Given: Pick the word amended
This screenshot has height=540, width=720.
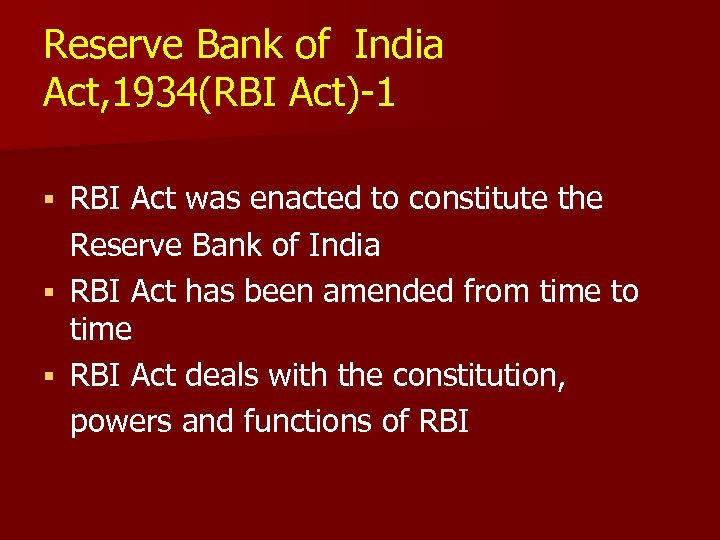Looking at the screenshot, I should point(417,291).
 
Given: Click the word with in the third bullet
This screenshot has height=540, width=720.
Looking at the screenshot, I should point(303,376).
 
